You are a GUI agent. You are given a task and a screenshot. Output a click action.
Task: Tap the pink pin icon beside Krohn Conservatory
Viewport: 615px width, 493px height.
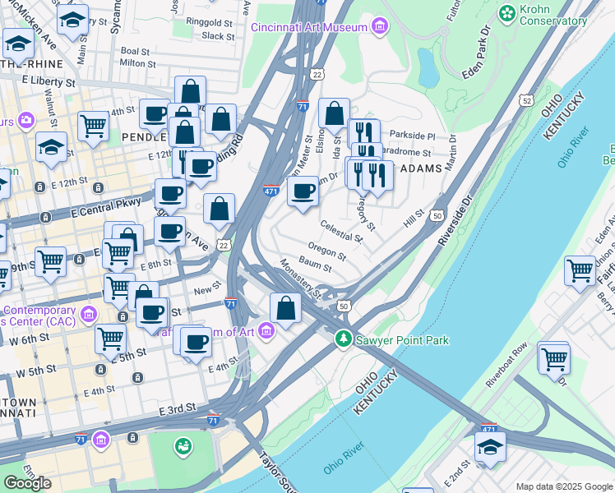click(x=506, y=12)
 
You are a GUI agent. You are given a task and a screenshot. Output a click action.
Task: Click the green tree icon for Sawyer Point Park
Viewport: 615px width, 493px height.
click(x=344, y=339)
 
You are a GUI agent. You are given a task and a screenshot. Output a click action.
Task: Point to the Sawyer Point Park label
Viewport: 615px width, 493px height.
click(x=402, y=340)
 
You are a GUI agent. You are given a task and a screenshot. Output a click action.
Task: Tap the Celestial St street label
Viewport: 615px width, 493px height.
click(x=341, y=231)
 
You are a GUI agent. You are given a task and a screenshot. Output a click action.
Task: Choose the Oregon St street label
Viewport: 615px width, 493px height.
click(x=326, y=249)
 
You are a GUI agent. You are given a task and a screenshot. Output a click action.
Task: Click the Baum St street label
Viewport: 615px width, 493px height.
click(x=315, y=265)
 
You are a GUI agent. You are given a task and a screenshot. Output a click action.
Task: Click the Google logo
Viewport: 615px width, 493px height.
click(x=27, y=482)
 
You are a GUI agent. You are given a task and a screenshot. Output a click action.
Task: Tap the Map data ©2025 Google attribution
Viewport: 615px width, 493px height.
click(x=563, y=486)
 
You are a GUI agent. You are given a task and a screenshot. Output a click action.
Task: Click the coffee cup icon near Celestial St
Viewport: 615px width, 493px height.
click(x=303, y=192)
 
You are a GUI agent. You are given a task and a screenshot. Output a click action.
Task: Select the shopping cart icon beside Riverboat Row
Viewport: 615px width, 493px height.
click(x=554, y=358)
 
